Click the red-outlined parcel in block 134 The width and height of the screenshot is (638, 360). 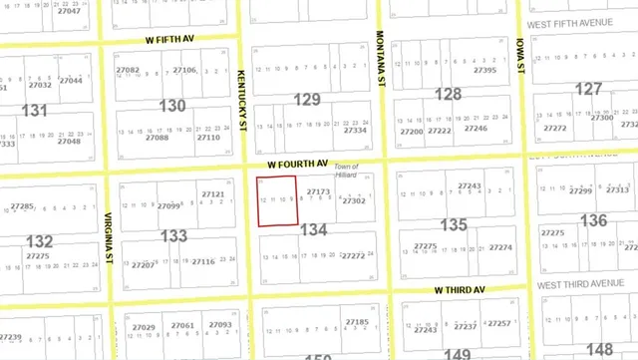(277, 200)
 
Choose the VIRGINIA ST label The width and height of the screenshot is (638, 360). (107, 238)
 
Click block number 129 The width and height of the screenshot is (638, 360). (307, 99)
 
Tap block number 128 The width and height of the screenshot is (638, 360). (448, 94)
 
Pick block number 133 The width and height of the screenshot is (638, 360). (173, 235)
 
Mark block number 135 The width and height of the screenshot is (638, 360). (454, 225)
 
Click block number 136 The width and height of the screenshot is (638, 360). (593, 219)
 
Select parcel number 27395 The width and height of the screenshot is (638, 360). (484, 71)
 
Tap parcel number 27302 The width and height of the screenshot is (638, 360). (354, 200)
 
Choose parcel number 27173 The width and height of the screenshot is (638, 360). (318, 190)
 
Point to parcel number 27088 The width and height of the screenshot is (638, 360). (157, 138)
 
